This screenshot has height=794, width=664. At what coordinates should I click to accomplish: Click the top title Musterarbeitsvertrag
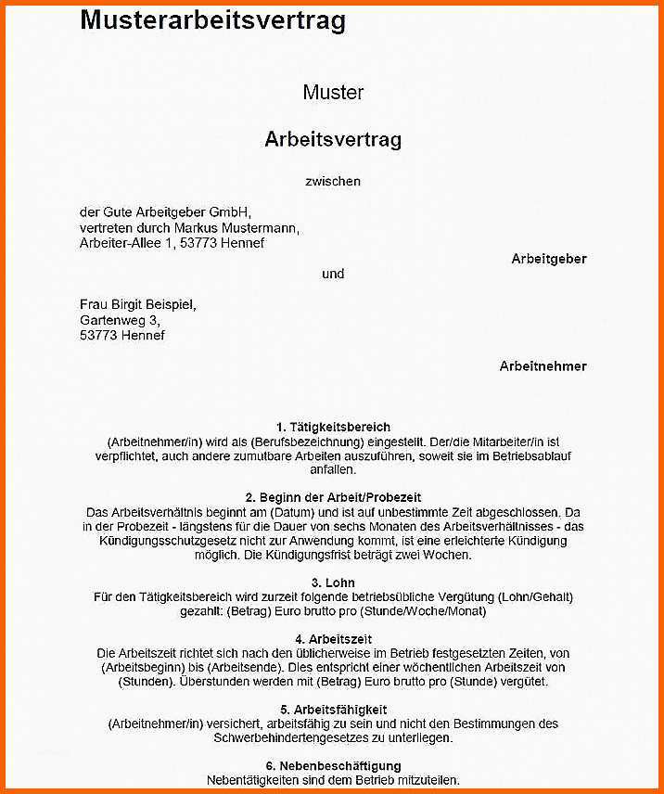212,20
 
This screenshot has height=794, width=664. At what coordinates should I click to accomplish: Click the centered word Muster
333,93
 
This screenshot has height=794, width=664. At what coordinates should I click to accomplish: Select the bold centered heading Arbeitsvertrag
333,140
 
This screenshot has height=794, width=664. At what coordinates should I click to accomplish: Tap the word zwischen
333,182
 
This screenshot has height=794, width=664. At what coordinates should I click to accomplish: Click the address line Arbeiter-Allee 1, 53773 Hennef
172,243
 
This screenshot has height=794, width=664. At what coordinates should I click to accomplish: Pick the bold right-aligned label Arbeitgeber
549,259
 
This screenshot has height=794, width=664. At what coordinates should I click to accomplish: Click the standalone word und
333,274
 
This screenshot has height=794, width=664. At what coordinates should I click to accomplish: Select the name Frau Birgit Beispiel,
138,304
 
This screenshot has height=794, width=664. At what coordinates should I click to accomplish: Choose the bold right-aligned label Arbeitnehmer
543,366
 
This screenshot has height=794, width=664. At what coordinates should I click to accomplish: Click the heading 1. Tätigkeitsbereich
333,428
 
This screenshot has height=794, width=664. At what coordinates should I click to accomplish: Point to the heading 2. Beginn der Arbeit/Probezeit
333,498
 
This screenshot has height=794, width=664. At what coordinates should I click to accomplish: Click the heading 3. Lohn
333,583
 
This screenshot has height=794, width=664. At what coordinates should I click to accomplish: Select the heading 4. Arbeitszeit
333,640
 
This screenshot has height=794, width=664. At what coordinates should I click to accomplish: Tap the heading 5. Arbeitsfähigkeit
333,710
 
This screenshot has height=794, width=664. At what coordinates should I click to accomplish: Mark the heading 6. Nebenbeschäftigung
333,766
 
